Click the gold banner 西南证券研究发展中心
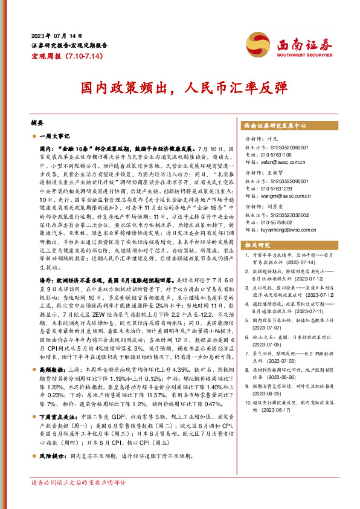pos(275,126)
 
